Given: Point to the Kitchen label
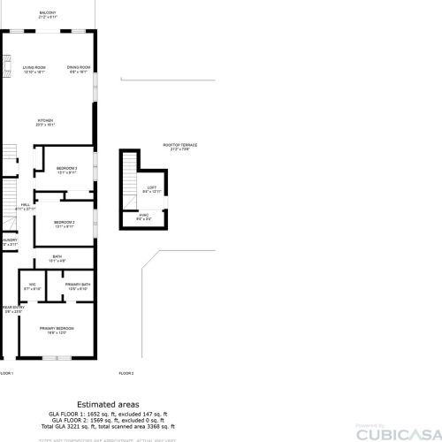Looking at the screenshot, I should point(45,121).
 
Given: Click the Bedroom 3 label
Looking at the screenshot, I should point(66,170).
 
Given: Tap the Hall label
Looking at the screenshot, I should point(26,205).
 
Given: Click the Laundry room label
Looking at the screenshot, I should point(9,240).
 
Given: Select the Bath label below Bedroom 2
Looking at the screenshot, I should point(57,259).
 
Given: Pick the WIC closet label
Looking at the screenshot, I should point(32,286).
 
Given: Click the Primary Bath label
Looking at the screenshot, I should point(78,286).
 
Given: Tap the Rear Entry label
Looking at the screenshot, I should point(12,309).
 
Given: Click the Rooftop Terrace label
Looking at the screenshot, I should point(179,147).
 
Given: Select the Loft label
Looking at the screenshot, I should point(152,188).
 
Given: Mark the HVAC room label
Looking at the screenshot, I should point(144,216).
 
